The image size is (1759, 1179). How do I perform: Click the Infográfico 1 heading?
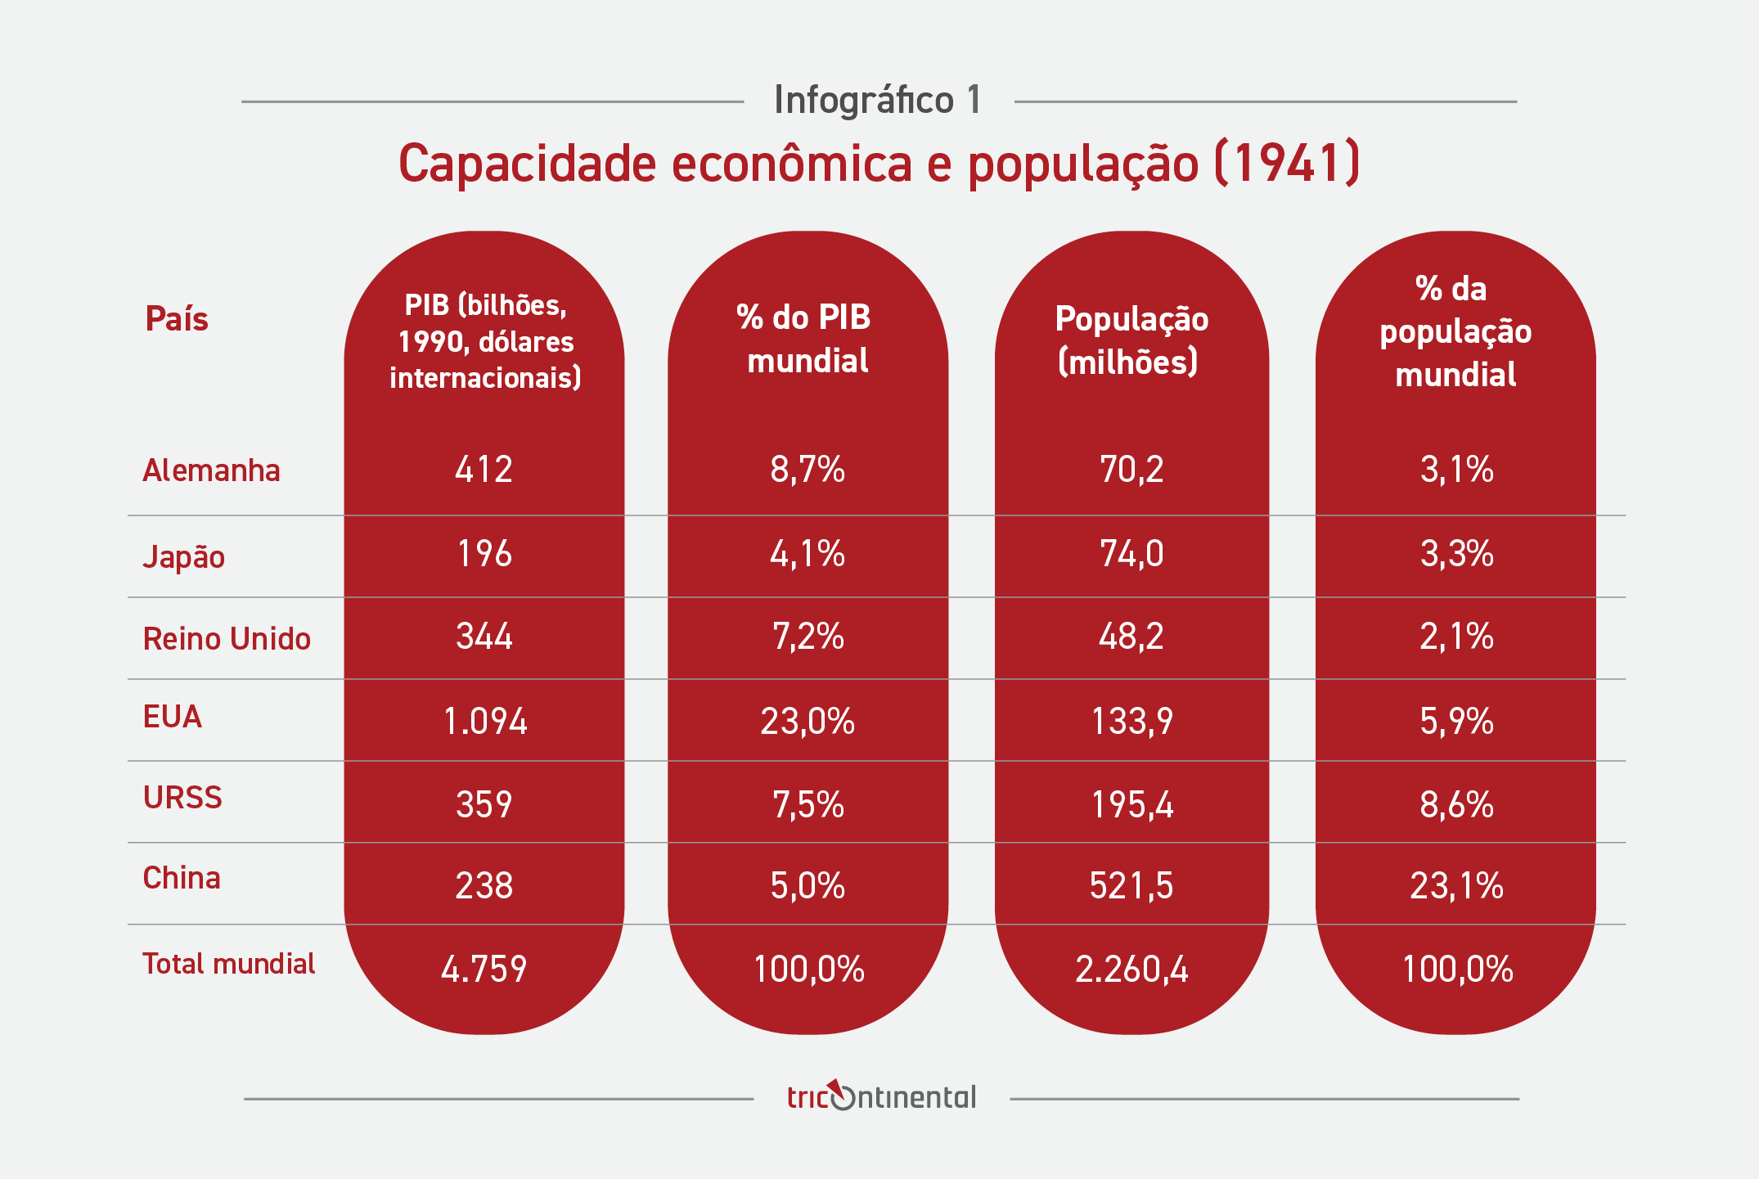[878, 101]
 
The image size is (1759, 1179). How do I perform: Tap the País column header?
[177, 319]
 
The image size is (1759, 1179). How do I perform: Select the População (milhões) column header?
[1131, 340]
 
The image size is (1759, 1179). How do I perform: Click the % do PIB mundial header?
[806, 339]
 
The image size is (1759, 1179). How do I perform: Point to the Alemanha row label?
[211, 471]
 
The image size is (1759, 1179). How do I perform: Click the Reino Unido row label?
[227, 639]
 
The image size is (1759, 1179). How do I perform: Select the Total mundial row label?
[228, 964]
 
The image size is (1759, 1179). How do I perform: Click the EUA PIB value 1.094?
[484, 722]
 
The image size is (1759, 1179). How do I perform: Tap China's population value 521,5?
[1131, 886]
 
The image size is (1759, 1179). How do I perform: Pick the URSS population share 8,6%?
[1456, 805]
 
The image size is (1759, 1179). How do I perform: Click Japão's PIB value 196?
[484, 555]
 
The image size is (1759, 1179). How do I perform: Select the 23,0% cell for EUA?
[808, 722]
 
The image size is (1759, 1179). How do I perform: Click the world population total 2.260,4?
[1131, 970]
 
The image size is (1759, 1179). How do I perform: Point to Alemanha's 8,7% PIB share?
[808, 470]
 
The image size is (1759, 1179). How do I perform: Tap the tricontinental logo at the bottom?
[881, 1096]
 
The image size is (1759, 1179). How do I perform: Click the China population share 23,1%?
[1456, 886]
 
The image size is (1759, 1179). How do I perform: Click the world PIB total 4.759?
[484, 970]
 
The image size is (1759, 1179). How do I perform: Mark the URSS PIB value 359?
[484, 805]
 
